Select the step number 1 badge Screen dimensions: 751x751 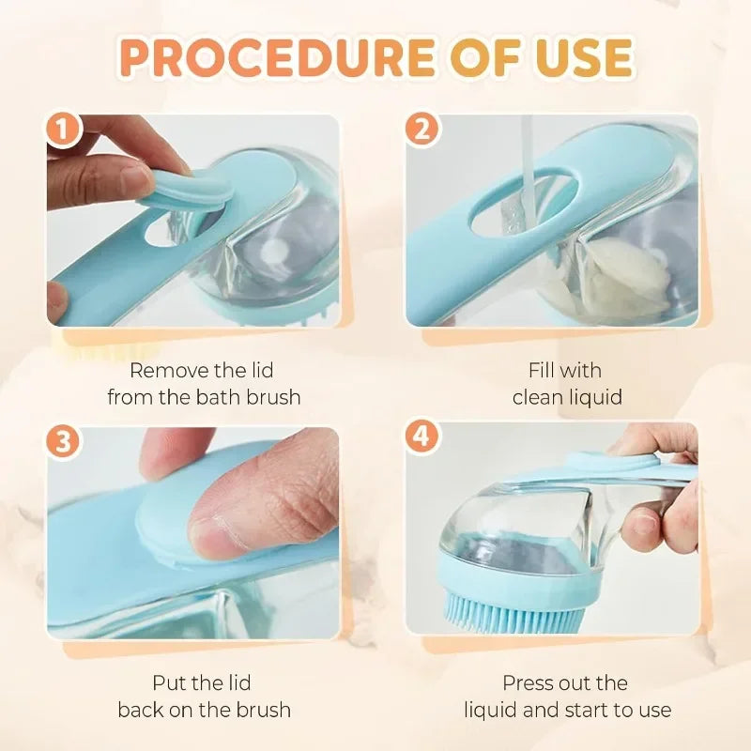(65, 130)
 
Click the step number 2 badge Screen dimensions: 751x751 (422, 130)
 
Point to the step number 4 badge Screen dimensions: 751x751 (422, 438)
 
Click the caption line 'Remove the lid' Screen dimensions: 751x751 (202, 370)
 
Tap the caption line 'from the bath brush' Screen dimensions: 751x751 (204, 397)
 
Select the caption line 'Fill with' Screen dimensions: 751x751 (564, 370)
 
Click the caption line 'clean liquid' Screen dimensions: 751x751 (567, 397)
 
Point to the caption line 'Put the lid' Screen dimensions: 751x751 (202, 682)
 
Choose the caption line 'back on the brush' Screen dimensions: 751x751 (204, 710)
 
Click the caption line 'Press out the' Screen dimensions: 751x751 (564, 682)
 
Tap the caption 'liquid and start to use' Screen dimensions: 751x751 (567, 710)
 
